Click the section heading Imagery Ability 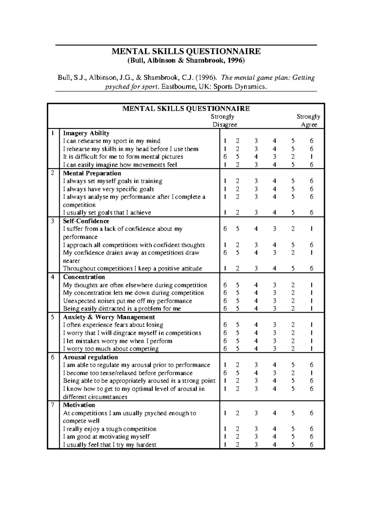[x=86, y=133]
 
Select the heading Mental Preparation [x=92, y=173]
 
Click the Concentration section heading [x=84, y=277]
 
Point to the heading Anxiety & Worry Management [x=109, y=317]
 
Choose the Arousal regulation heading [x=91, y=357]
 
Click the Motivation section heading [x=79, y=405]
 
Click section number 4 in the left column [x=53, y=277]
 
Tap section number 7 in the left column [x=53, y=405]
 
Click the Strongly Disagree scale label [x=224, y=120]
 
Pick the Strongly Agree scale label [x=308, y=120]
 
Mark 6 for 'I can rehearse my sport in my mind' [x=312, y=141]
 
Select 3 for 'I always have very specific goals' [x=256, y=189]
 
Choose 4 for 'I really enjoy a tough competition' [x=274, y=429]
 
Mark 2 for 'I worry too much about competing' [x=293, y=349]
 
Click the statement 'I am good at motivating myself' [x=106, y=437]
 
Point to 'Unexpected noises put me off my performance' [x=127, y=301]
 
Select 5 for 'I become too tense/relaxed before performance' [x=237, y=373]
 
